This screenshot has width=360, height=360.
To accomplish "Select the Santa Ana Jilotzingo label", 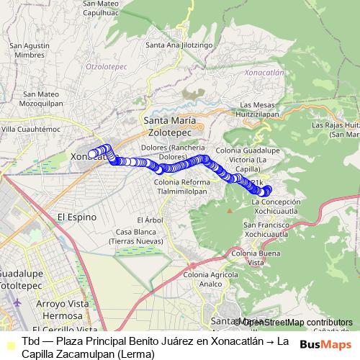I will pyautogui.click(x=179, y=45).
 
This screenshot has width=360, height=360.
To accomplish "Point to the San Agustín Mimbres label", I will pyautogui.click(x=29, y=50).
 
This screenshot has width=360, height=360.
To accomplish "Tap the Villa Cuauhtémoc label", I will pyautogui.click(x=31, y=129).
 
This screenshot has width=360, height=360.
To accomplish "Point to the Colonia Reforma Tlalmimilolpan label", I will pyautogui.click(x=181, y=187).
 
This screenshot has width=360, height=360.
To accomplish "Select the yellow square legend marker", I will pyautogui.click(x=9, y=345).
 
